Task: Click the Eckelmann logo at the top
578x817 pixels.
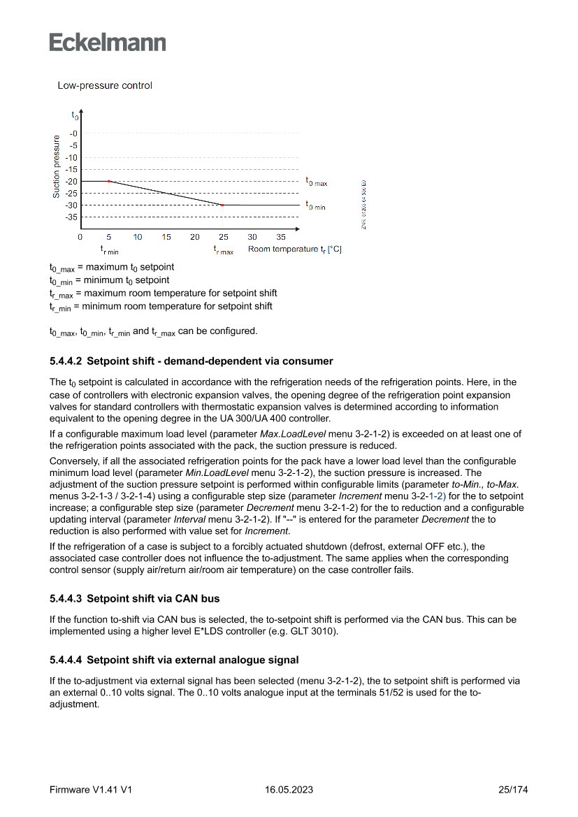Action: click(x=108, y=43)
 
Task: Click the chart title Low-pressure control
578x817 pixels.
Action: click(x=105, y=86)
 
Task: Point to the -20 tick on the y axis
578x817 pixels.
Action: click(x=73, y=181)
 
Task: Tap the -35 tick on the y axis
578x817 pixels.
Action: click(x=73, y=217)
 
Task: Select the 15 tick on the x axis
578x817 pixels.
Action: click(x=166, y=238)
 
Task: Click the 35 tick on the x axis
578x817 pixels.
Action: click(x=280, y=238)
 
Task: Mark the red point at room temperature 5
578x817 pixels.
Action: click(x=109, y=181)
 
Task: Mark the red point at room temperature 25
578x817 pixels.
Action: click(x=222, y=205)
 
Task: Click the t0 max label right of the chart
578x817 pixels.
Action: click(x=316, y=181)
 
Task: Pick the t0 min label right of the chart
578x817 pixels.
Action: click(x=315, y=205)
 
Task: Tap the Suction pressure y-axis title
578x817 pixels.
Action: click(x=57, y=166)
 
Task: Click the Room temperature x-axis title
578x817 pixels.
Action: click(x=294, y=250)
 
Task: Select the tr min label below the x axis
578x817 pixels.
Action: click(x=109, y=250)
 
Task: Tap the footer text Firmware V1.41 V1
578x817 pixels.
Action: click(x=91, y=790)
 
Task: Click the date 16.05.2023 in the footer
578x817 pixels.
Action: click(x=289, y=790)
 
